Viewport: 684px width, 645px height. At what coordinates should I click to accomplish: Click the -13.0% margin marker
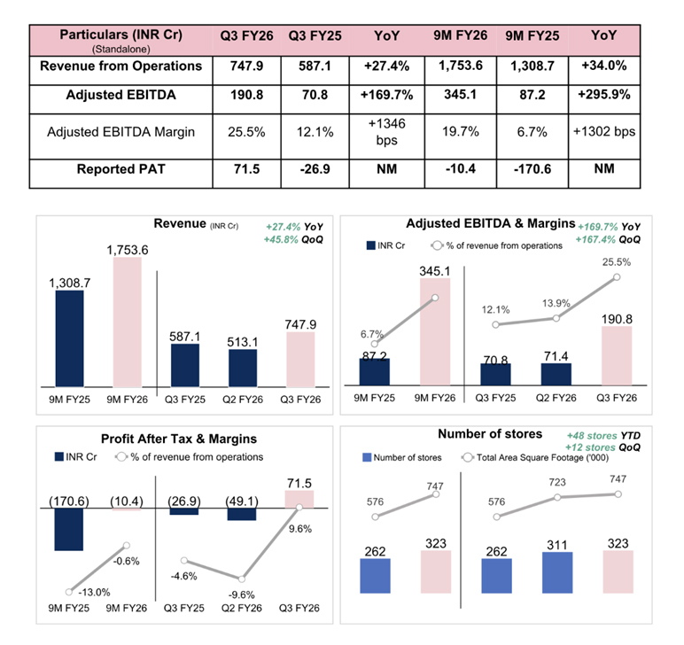pyautogui.click(x=68, y=591)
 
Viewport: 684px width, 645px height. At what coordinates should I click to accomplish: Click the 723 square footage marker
pyautogui.click(x=556, y=497)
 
